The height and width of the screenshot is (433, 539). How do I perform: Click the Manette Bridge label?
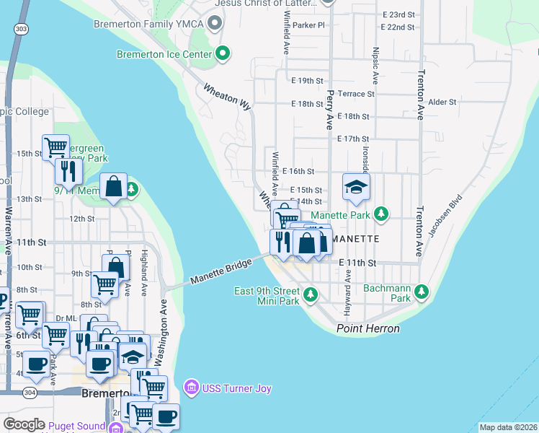point(221,271)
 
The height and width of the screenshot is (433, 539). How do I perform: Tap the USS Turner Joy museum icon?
point(191,389)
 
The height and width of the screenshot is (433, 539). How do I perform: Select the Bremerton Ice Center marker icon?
point(223,53)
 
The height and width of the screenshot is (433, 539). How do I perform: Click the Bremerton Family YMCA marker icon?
point(214,24)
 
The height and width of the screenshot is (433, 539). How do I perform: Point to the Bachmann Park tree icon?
point(421,292)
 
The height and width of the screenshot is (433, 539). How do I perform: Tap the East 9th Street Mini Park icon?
point(310,294)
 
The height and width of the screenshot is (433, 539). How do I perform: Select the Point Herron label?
point(367,329)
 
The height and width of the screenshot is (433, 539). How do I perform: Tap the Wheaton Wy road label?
point(226,97)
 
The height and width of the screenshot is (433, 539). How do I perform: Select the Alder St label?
point(442,102)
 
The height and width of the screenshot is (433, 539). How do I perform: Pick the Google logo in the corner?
point(24,424)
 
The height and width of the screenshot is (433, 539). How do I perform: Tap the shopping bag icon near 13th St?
point(114,186)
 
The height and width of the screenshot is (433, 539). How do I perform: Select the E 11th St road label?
point(357,263)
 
